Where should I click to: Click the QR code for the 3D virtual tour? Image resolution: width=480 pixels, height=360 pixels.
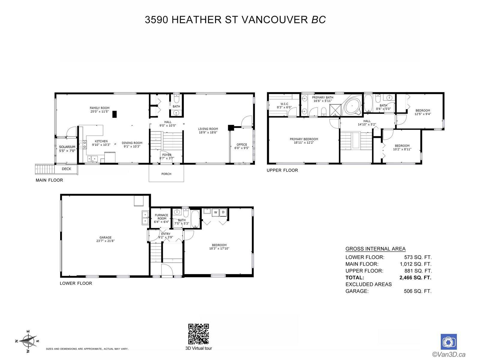[x=198, y=334]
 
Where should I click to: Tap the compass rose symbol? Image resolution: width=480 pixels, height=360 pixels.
[x=28, y=341]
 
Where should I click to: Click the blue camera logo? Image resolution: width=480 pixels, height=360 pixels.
[x=448, y=342]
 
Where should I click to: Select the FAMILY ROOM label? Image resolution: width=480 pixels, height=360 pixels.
[x=100, y=108]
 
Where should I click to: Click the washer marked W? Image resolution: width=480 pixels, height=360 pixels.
[x=216, y=212]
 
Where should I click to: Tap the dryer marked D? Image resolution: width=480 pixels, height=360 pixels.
[x=223, y=212]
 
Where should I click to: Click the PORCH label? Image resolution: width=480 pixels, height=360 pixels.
[x=166, y=174]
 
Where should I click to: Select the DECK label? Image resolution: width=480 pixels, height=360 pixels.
[x=67, y=169]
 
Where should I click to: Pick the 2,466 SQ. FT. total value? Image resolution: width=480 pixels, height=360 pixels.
[x=415, y=277]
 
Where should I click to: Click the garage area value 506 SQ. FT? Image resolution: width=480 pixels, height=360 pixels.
[x=418, y=291]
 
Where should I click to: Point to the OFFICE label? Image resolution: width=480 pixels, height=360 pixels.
[x=241, y=145]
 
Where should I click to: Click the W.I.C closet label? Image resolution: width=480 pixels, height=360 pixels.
[x=284, y=104]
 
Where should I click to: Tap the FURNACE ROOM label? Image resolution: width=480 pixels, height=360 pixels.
[x=162, y=217]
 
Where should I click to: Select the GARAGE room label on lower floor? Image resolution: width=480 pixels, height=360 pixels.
[x=105, y=238]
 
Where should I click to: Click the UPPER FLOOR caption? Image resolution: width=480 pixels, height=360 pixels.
[x=282, y=170]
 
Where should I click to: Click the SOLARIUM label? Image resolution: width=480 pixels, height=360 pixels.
[x=67, y=147]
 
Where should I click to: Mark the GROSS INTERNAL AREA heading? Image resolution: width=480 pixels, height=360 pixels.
[x=376, y=249]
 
